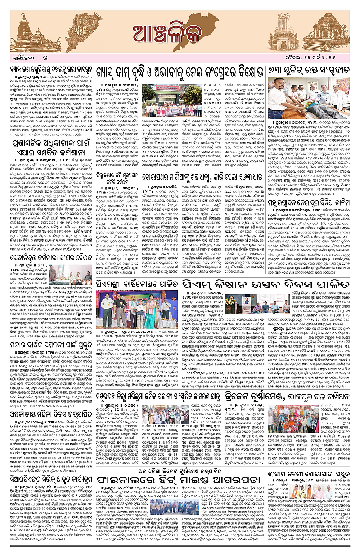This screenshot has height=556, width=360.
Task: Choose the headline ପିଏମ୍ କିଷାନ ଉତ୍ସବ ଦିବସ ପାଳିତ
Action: pyautogui.click(x=266, y=284)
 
